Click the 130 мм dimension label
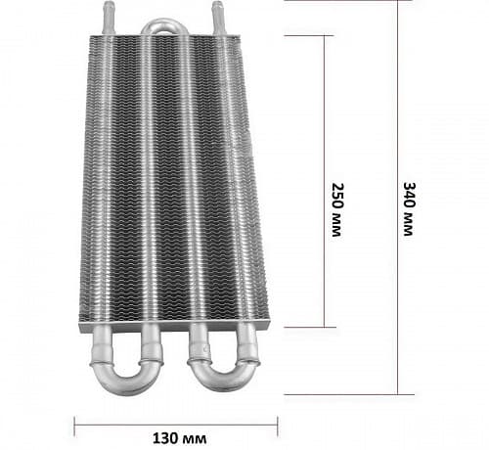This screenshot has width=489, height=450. click(179, 438)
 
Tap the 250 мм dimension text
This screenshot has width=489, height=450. click(337, 209)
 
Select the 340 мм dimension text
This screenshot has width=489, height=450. click(409, 208)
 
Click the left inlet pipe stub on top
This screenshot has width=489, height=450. click(109, 17)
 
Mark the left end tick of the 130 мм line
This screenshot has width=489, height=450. click(74, 426)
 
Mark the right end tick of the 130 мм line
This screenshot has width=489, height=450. click(278, 426)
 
